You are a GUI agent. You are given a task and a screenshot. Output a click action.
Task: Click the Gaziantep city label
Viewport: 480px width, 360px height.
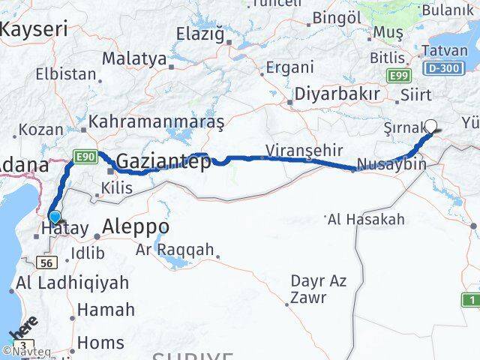click(163, 160)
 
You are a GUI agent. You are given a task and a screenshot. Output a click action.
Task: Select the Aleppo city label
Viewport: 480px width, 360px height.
click(135, 226)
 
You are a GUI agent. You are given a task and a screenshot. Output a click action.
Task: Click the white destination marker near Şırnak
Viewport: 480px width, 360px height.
click(431, 125)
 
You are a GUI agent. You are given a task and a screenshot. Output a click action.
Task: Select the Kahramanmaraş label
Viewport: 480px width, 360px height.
click(157, 121)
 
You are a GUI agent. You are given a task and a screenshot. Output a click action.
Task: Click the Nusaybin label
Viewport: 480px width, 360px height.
click(391, 164)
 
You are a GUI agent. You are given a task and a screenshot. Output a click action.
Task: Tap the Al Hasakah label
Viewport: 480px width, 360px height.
click(366, 220)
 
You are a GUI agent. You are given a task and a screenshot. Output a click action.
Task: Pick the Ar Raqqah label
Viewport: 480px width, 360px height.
click(175, 250)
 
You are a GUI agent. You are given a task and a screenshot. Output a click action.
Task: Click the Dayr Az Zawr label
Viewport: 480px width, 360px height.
click(318, 289)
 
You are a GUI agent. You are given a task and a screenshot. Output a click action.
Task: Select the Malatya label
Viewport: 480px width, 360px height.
click(134, 58)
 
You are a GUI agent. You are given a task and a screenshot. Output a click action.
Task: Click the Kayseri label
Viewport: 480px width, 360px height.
click(34, 29)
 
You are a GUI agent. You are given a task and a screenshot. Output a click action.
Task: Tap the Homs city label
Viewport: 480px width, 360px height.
click(100, 343)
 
